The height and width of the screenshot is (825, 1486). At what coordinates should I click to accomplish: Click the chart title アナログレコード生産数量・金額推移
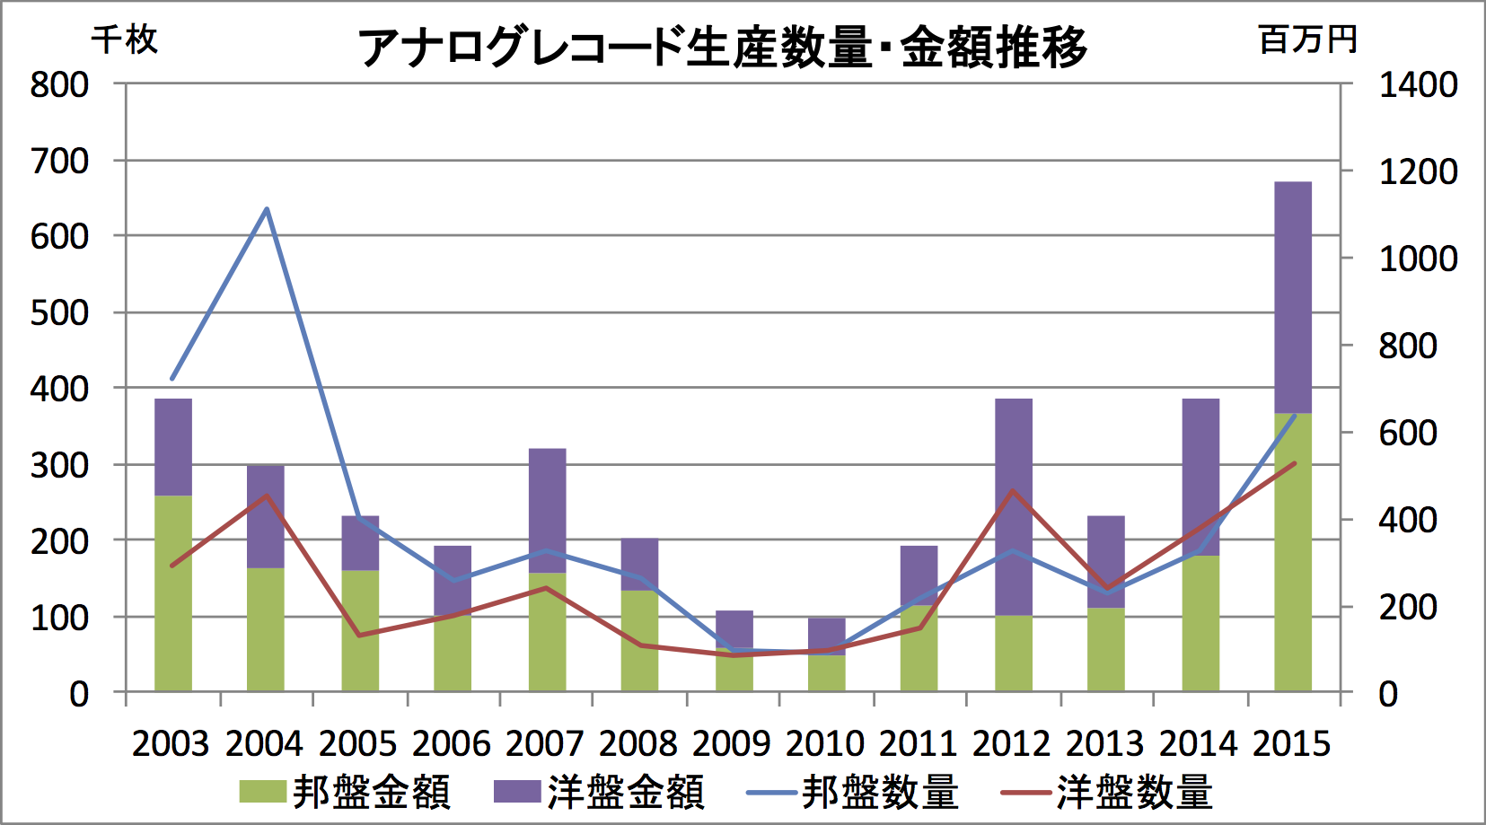(x=723, y=47)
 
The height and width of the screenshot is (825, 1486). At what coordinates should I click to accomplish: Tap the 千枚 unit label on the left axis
(x=125, y=39)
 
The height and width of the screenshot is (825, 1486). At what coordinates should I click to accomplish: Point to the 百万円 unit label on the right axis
(x=1307, y=39)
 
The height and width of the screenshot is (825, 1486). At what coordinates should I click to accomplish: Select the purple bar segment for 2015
(x=1293, y=296)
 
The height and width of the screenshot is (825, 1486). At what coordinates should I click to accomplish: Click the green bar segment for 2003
(x=173, y=592)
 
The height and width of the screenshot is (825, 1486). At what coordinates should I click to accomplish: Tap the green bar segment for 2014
(x=1200, y=623)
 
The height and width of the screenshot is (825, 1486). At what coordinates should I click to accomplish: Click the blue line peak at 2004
(x=267, y=209)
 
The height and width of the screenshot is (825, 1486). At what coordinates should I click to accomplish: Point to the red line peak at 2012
(x=1013, y=490)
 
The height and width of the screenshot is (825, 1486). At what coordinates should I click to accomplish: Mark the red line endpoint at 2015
(x=1294, y=463)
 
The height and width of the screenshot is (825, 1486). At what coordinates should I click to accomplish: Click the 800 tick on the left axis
(x=59, y=85)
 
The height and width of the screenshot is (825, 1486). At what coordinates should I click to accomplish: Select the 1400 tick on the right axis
(x=1418, y=85)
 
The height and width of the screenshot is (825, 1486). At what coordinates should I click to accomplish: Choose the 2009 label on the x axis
(x=732, y=744)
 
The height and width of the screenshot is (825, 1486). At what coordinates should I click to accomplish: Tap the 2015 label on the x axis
(x=1292, y=744)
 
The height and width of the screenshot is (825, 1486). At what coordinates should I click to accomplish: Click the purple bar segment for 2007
(x=548, y=510)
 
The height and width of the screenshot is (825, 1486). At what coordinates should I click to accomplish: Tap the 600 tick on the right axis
(x=1408, y=433)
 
